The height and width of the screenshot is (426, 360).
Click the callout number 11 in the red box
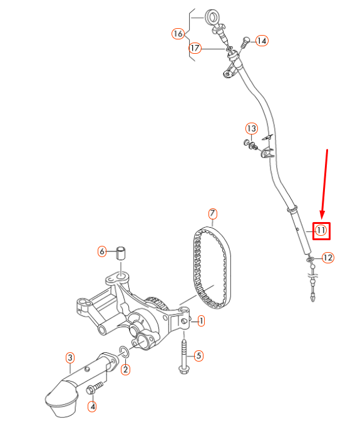click(x=321, y=230)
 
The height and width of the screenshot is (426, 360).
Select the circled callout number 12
click(x=328, y=257)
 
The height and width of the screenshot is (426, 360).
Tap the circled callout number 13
click(x=251, y=129)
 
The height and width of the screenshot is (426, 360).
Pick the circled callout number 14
click(x=261, y=41)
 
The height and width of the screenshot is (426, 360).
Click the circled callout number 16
click(x=178, y=33)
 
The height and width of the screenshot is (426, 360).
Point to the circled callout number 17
click(x=195, y=48)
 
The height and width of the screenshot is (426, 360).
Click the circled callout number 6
click(x=103, y=251)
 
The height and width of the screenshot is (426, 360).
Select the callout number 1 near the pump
click(x=201, y=322)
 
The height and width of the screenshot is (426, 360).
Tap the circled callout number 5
click(x=198, y=356)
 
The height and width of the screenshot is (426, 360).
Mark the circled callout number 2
click(x=126, y=369)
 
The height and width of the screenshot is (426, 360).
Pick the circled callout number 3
click(x=70, y=358)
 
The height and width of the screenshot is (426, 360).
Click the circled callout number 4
click(x=92, y=407)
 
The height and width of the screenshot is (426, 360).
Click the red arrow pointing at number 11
click(x=325, y=181)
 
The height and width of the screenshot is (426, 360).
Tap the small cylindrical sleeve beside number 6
click(x=123, y=253)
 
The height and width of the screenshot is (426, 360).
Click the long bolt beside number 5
click(x=185, y=355)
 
